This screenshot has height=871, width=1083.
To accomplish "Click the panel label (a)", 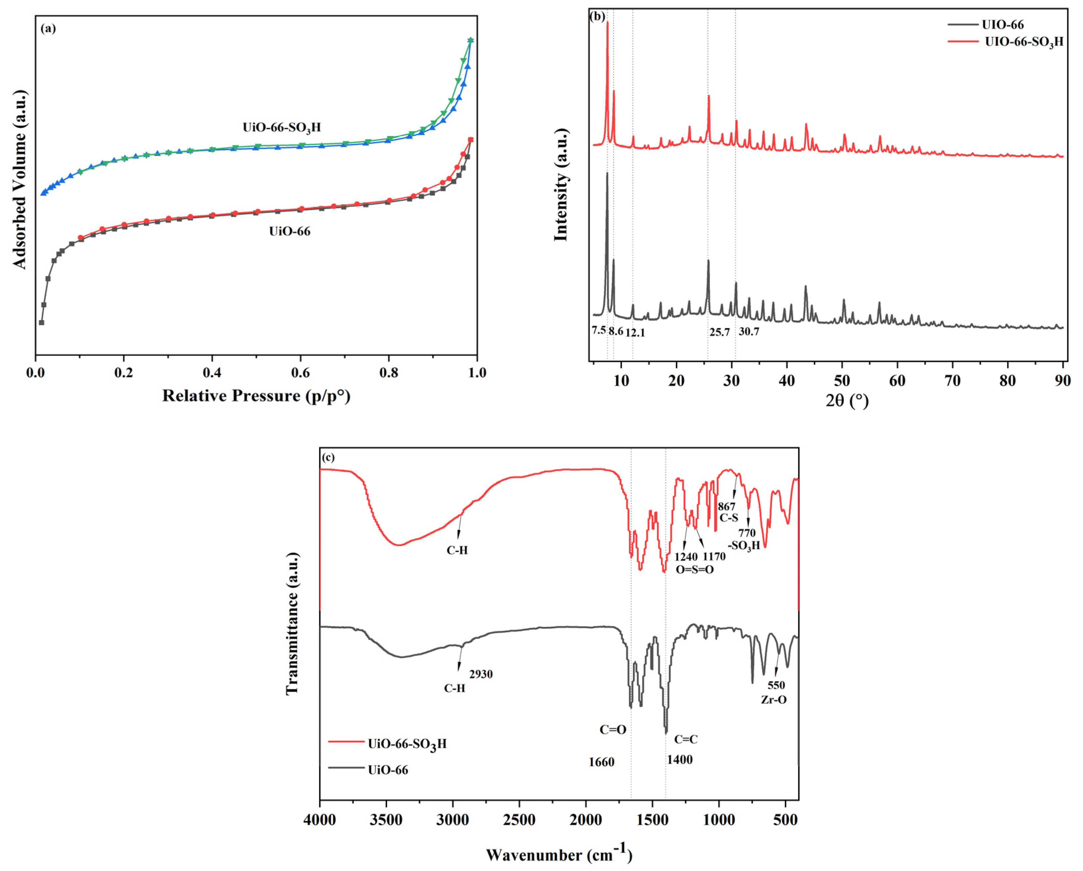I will point(48,29).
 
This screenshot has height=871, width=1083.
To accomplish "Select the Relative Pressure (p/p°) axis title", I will point(256,396).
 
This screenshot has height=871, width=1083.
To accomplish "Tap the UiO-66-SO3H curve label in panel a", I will point(281,127).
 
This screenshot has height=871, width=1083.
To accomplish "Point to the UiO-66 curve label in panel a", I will point(289,231).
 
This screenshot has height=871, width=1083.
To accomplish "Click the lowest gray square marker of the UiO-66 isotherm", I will point(42,322).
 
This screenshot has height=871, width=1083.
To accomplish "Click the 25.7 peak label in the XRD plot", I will point(719,332).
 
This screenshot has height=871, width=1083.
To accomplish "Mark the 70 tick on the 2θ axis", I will point(952,381).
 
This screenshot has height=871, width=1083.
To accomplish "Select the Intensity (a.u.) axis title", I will point(561,185).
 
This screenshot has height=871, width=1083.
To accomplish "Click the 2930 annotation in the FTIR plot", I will point(481,674).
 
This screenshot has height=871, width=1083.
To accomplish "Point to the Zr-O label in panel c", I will point(774,700).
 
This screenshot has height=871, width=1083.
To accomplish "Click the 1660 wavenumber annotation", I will point(601,762).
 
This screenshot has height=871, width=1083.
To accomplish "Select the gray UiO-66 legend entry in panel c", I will point(388,770).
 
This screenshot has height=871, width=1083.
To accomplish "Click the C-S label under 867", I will point(729,518).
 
